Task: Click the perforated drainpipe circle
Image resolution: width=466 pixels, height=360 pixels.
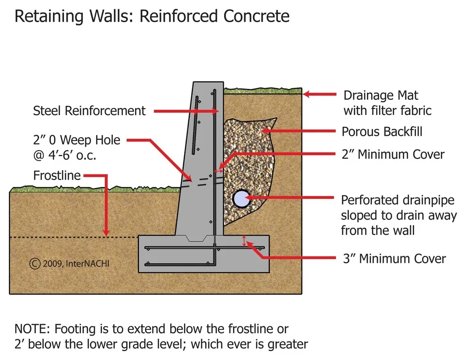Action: point(241,199)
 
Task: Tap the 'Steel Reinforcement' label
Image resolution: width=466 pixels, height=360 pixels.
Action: point(89,111)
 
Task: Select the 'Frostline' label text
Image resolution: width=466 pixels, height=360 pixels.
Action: point(57,176)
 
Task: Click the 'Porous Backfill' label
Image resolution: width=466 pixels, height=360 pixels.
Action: point(382,131)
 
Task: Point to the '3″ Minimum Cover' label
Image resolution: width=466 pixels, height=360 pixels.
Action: point(394,259)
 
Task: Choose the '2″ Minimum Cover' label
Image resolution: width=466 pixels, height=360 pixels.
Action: point(393,155)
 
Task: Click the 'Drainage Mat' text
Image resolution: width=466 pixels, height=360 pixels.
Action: point(381,96)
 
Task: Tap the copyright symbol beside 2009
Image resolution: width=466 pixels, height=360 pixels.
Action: point(35,263)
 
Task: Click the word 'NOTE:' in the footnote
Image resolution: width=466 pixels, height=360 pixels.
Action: point(32,329)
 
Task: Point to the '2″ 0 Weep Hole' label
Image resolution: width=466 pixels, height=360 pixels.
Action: point(77,140)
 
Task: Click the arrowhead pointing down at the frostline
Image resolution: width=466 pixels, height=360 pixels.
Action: point(105,233)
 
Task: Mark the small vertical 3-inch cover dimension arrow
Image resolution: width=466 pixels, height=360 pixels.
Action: point(244,241)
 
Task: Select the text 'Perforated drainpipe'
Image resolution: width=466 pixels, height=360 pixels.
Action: point(398,201)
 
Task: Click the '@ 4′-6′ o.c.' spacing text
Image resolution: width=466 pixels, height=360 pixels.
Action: point(65,155)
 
